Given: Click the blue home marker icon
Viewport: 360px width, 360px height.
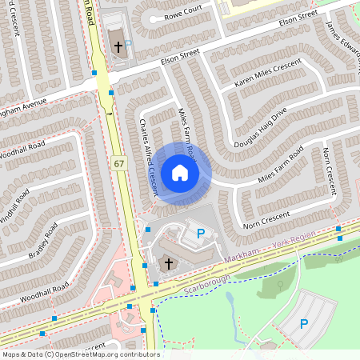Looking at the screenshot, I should (x=180, y=172).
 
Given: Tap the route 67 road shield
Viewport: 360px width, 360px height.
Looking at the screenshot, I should (x=119, y=163).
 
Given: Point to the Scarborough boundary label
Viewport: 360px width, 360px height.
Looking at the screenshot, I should (x=206, y=282).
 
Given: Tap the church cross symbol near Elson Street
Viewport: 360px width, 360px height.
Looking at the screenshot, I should (x=118, y=47).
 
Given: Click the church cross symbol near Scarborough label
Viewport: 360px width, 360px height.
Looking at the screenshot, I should (x=168, y=262).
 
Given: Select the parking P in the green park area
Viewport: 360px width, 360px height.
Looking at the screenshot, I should (x=303, y=323).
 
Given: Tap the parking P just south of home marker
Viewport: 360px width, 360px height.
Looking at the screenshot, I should (x=201, y=234).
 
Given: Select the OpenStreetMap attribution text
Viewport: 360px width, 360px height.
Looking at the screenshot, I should (x=80, y=354).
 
